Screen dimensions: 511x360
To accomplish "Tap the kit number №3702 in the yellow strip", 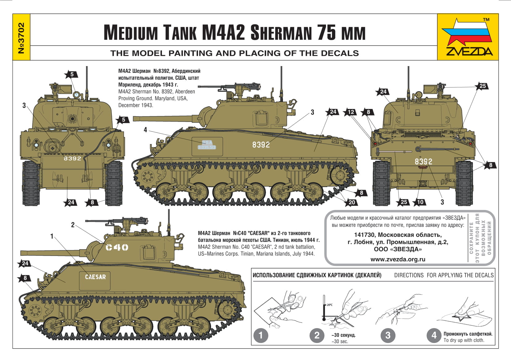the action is tap(21, 38).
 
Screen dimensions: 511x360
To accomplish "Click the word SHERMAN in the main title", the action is tap(281, 33).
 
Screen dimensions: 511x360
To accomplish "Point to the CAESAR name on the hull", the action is tap(95, 277).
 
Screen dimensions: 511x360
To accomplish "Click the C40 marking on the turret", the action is tap(117, 247).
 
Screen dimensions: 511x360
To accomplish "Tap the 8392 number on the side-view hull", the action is tap(261, 144).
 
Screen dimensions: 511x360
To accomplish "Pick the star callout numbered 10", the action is tap(420, 202).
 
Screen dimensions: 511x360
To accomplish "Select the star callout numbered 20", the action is tap(351, 202).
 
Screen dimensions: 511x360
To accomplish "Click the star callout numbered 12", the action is tap(350, 112).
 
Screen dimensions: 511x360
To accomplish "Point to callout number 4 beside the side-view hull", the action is tap(145, 130).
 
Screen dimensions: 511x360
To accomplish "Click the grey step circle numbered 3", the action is tap(388, 335).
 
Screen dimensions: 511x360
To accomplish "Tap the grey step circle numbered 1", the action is tap(261, 335).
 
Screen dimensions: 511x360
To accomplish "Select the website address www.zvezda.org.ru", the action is tap(398, 259).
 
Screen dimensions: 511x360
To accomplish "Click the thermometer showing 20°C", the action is tap(324, 308).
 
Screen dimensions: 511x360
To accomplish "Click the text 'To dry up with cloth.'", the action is tap(464, 340).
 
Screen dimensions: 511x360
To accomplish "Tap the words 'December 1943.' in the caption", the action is tap(136, 105).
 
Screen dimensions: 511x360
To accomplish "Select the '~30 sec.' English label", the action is tap(340, 341).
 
